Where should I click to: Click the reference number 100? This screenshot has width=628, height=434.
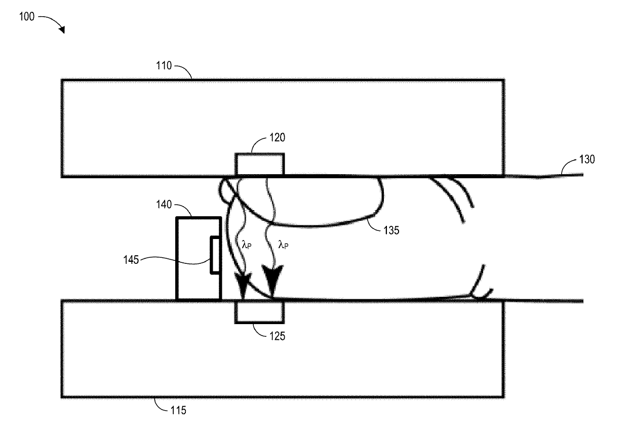tap(27, 17)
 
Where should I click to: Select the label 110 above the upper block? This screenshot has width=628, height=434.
tap(165, 66)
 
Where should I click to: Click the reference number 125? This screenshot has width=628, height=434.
tap(277, 335)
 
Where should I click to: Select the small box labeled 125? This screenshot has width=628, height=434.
tap(260, 311)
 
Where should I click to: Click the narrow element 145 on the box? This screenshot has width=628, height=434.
tap(215, 255)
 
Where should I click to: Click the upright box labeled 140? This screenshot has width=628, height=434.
tap(192, 258)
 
